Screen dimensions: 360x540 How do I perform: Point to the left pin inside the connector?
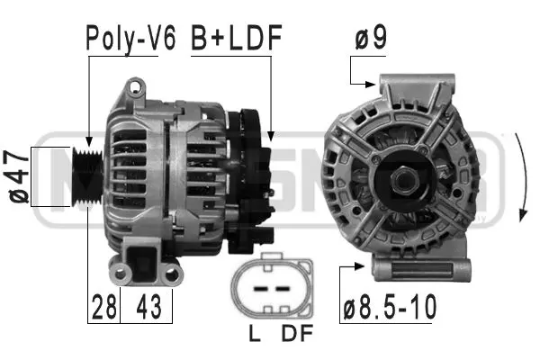pos(258,290)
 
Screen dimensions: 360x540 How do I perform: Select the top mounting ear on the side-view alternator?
pos(136,89)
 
